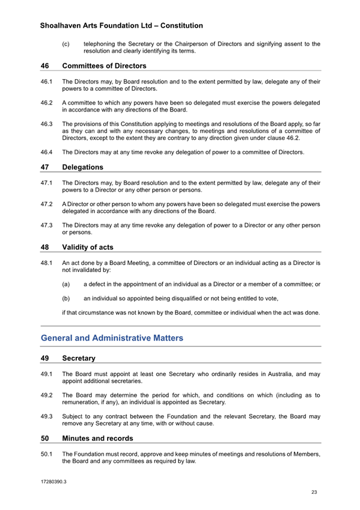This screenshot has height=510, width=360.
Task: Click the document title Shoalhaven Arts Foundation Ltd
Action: pos(121,26)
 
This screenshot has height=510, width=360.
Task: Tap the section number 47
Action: pos(45,167)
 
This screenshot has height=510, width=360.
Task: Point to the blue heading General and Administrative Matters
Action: pos(112,338)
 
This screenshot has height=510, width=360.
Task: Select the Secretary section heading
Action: pos(78,359)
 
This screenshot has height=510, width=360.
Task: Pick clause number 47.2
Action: pos(47,204)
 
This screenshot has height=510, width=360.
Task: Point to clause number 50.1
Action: pos(47,454)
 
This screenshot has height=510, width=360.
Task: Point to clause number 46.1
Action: pos(47,81)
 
